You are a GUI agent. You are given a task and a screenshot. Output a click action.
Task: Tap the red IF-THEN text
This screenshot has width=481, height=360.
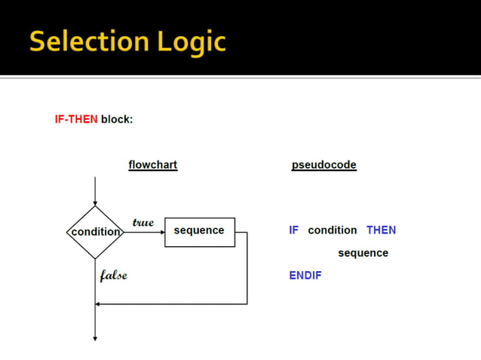pos(76,119)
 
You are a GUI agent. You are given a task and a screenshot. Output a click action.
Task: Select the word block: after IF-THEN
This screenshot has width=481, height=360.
pos(117,119)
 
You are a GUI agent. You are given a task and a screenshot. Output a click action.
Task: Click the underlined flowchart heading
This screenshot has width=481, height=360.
pos(153,165)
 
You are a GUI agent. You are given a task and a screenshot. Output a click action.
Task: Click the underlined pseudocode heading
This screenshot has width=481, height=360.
pos(323,165)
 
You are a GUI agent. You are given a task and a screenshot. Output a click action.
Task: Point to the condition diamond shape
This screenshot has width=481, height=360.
pos(95,232)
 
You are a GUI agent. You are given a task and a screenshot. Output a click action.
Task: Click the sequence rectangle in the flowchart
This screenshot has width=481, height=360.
pos(199,231)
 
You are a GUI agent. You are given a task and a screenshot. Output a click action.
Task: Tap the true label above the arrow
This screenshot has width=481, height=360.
pos(142,222)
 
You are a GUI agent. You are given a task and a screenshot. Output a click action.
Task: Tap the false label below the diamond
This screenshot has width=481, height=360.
pos(113,276)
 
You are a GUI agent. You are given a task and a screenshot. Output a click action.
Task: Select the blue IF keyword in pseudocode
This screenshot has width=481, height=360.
pos(293,230)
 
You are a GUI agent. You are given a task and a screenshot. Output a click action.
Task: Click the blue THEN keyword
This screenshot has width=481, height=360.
pos(381,230)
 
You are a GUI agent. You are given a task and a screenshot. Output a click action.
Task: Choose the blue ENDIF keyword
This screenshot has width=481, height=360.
pos(305,276)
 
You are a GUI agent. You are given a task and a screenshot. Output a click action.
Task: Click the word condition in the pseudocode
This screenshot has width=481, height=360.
pos(332,230)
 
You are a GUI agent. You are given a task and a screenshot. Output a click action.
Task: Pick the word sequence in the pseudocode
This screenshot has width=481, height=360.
pos(363,253)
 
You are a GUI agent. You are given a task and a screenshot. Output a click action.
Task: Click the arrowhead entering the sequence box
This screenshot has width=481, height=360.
pos(161,232)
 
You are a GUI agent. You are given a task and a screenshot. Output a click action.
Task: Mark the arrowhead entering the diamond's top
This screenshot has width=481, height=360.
pos(95,203)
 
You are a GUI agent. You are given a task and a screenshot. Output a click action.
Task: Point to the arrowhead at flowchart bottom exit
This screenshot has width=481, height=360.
pos(95,338)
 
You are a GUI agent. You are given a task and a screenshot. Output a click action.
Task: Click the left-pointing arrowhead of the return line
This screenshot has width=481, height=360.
pos(99,304)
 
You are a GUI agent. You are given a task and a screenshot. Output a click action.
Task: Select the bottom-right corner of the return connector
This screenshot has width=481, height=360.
pos(247,304)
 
